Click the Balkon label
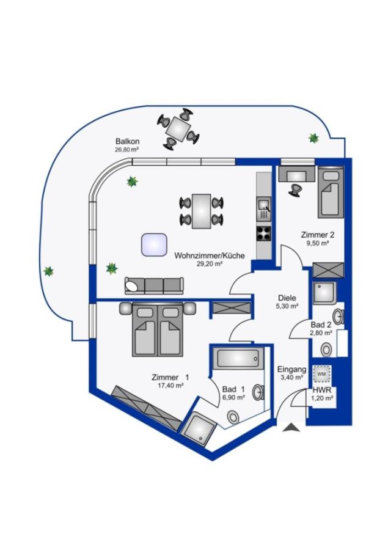click(x=127, y=141)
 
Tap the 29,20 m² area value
click(x=210, y=264)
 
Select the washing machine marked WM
click(x=321, y=374)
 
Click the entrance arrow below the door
click(x=291, y=428)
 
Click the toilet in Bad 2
click(x=326, y=350)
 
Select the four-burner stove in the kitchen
click(x=264, y=233)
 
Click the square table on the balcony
click(x=178, y=129)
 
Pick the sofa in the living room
click(x=155, y=285)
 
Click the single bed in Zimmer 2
click(x=330, y=191)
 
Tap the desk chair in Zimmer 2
click(x=295, y=190)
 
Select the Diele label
click(x=287, y=298)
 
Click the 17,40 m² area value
click(x=171, y=386)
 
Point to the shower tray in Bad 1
click(x=199, y=428)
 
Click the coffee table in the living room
click(x=154, y=244)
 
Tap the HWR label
click(x=321, y=390)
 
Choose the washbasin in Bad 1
click(x=258, y=392)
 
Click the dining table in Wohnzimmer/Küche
click(x=202, y=211)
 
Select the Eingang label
click(x=291, y=369)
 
